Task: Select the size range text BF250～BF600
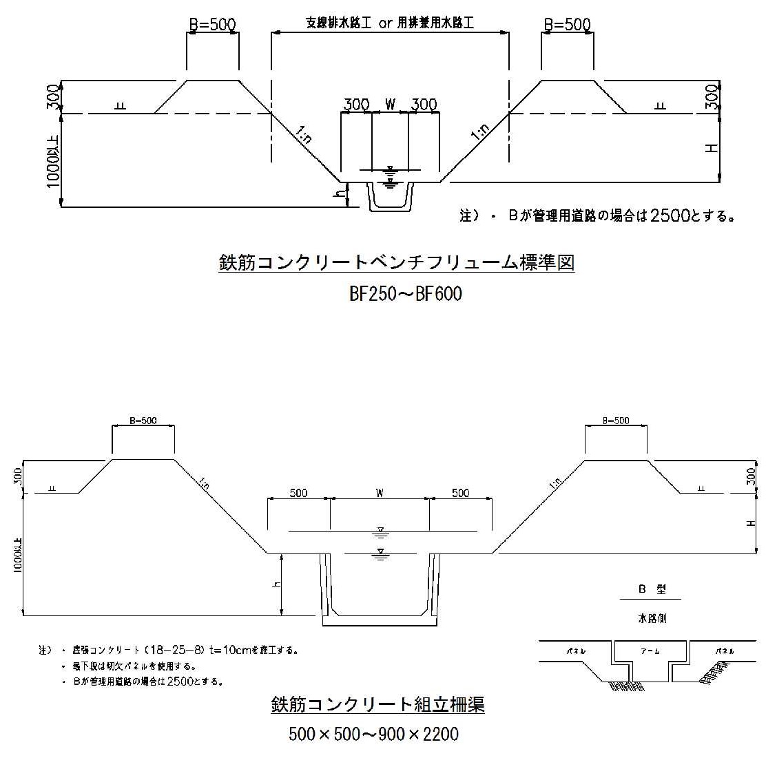click(x=405, y=294)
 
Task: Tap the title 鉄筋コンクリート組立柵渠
click(x=377, y=704)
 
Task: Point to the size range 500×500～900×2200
click(x=373, y=735)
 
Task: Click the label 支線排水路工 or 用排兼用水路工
click(x=390, y=23)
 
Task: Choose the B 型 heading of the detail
click(x=651, y=590)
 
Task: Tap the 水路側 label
click(x=652, y=618)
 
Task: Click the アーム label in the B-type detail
click(x=650, y=651)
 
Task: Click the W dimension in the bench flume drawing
click(x=390, y=105)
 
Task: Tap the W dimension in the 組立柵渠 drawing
click(x=380, y=493)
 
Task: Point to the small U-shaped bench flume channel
click(x=390, y=198)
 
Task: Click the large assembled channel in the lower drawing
click(x=379, y=589)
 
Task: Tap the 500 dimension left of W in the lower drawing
click(x=298, y=493)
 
